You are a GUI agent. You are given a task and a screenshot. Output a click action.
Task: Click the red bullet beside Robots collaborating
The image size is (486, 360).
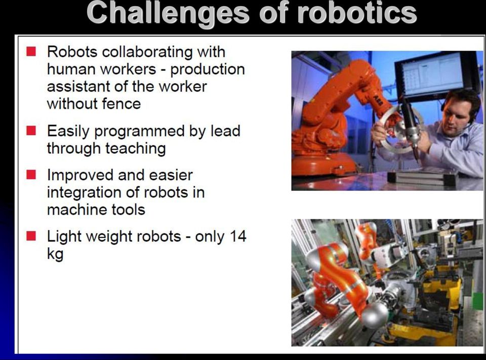click(x=31, y=51)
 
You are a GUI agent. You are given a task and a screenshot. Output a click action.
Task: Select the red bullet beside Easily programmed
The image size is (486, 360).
click(x=31, y=131)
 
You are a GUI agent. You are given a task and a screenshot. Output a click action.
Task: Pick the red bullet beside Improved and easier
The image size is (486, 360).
click(x=31, y=175)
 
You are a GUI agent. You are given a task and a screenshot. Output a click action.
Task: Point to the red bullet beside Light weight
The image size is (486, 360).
click(x=31, y=235)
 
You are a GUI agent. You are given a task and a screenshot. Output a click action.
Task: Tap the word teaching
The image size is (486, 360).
click(x=136, y=148)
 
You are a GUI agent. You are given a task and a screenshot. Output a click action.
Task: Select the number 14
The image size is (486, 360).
click(x=238, y=236)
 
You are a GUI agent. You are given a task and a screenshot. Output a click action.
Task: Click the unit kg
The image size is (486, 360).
click(x=55, y=254)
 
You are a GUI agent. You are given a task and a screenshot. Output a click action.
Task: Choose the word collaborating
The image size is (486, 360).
click(x=147, y=52)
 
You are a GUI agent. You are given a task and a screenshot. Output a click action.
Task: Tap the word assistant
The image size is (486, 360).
click(x=79, y=87)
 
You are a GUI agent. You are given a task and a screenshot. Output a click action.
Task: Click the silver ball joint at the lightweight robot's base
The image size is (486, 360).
click(x=375, y=315)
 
